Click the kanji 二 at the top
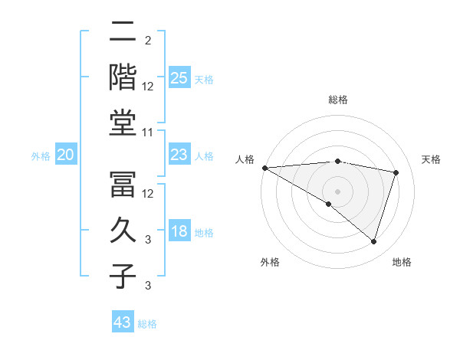point(123,34)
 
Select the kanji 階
point(123,77)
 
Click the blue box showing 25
point(179,77)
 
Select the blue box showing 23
point(179,155)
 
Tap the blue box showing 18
point(179,232)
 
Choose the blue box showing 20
point(65,155)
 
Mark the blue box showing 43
point(123,322)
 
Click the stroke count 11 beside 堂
point(148,133)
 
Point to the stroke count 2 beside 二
point(147,40)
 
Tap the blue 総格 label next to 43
point(147,324)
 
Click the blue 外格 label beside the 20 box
point(41,156)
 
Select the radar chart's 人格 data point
point(264,168)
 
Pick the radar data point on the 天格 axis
point(396,172)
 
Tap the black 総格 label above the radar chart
point(338,100)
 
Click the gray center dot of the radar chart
point(337,191)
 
